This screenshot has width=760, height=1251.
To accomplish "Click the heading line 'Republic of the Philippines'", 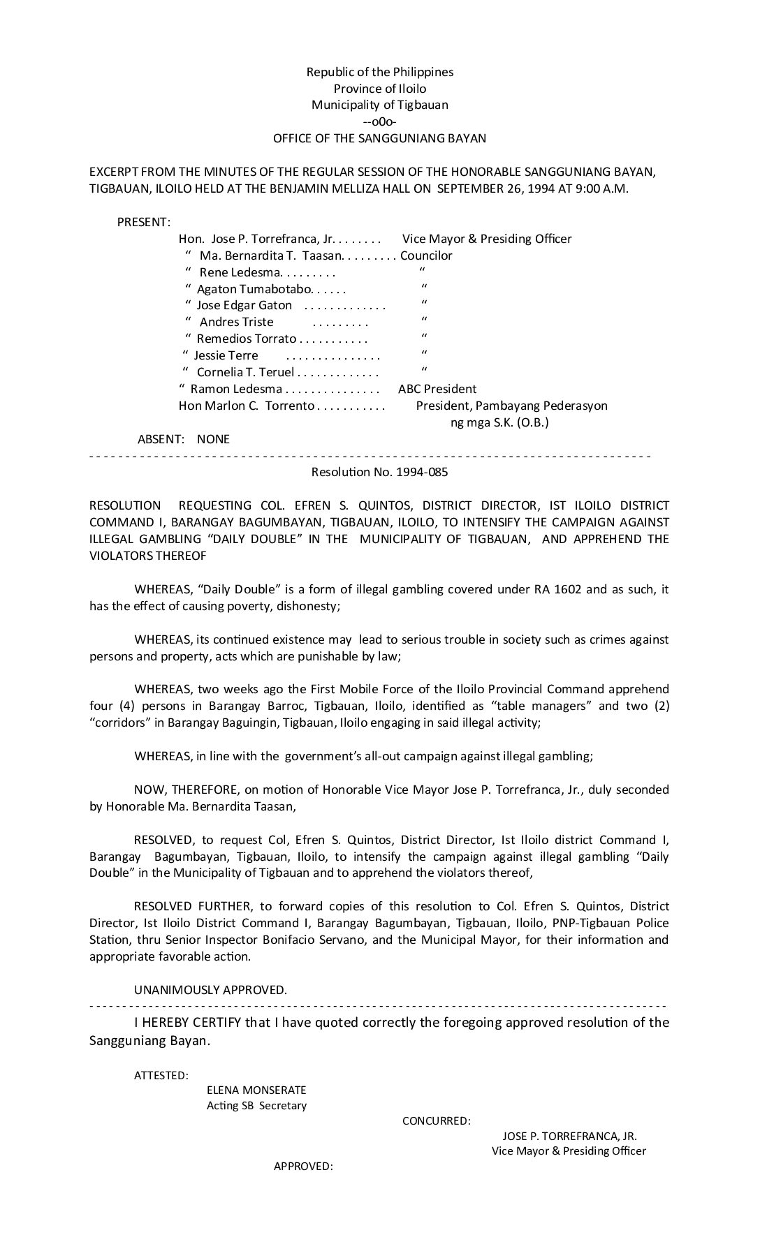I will coord(379,72).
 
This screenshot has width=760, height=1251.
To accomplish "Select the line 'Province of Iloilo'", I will coord(379,89).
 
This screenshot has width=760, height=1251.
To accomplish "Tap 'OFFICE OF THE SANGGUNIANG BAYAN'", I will coord(379,138).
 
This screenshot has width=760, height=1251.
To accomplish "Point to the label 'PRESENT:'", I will coord(144,222).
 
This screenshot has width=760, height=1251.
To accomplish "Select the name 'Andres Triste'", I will coord(236,322).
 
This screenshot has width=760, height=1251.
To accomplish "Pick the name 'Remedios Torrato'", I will coord(247,339).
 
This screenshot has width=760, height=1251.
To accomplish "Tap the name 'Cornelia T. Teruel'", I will coord(245,372).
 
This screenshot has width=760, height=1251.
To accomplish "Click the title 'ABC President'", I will coord(437,389).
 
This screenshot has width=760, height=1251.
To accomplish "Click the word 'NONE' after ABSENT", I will coord(213,439).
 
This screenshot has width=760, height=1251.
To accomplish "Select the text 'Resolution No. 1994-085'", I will coord(379,472).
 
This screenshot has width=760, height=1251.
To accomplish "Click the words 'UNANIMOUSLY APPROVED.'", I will coord(210,990).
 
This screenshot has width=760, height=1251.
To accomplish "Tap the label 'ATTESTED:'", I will coord(161,1075).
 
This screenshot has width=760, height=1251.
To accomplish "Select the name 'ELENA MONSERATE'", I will coord(256,1090).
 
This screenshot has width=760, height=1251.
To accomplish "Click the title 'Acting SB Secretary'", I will coord(256,1106).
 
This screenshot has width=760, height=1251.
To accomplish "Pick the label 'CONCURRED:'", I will coord(437,1121).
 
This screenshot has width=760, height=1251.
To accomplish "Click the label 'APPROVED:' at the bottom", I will coord(302,1167).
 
